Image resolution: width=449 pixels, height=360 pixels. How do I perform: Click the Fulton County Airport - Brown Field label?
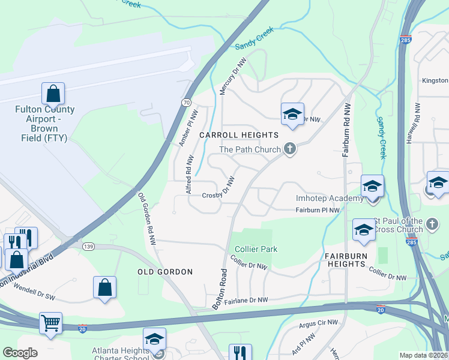tap(45, 124)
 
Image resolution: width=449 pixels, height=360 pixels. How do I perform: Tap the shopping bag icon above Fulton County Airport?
tap(53, 94)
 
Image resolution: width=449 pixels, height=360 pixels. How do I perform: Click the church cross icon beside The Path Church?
tap(290, 149)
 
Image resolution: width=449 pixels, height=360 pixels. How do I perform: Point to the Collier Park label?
tap(256, 249)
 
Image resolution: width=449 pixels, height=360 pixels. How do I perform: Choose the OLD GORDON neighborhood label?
tap(165, 272)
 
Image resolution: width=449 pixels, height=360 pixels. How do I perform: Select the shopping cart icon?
tap(50, 323)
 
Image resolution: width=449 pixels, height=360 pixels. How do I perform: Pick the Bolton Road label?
tap(220, 288)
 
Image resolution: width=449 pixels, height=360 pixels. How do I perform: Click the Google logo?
tap(20, 353)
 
